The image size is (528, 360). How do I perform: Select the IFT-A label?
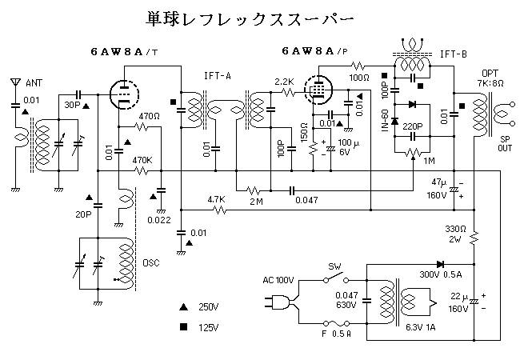[x=217, y=75]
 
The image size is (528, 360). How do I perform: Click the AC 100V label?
[x=280, y=280]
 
